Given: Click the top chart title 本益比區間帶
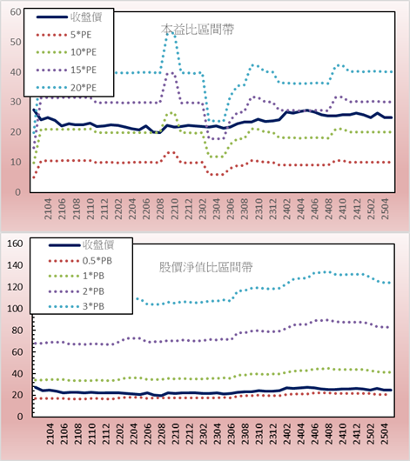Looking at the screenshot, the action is (x=198, y=30).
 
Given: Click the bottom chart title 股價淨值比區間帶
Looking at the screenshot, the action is (x=205, y=267).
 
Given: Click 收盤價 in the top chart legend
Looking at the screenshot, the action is (x=86, y=17).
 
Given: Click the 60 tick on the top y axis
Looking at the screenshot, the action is (x=16, y=12).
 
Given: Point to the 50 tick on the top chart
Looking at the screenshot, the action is (x=16, y=42).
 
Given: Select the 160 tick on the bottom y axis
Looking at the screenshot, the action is (x=15, y=244).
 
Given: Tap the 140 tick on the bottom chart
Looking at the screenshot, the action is (x=15, y=265).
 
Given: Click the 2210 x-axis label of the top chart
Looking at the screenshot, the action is (x=175, y=209).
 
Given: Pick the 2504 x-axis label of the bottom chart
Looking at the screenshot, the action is (x=385, y=434).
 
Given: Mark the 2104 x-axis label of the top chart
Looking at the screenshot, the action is (x=48, y=209).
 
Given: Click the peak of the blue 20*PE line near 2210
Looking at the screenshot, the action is (x=171, y=33).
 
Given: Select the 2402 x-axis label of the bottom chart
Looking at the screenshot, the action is (x=286, y=434).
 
